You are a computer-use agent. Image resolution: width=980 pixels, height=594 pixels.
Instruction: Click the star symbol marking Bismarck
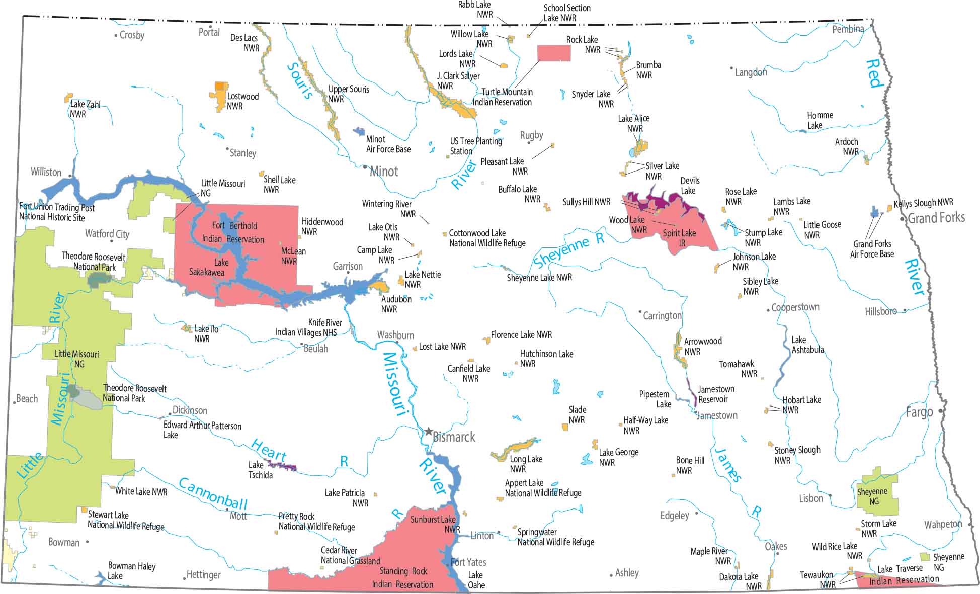point(428,432)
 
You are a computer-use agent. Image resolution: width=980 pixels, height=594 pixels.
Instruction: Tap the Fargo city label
point(919,412)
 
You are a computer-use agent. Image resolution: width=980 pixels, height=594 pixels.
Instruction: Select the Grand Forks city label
point(936,218)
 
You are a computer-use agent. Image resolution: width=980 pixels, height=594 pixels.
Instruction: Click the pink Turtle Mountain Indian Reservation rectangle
point(554,53)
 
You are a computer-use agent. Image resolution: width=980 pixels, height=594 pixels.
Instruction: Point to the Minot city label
point(384,172)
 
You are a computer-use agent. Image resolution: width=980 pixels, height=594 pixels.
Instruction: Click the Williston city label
point(46,172)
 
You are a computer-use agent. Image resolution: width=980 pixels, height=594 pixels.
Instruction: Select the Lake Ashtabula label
point(807,345)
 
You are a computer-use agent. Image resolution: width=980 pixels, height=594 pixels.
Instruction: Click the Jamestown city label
point(717,415)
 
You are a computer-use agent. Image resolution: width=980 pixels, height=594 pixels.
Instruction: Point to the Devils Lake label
point(690,186)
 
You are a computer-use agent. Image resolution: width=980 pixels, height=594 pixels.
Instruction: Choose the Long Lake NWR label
point(526,464)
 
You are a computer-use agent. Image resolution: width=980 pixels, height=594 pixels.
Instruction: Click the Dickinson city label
point(190,410)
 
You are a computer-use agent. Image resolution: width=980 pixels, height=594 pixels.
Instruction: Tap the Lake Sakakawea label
point(207,267)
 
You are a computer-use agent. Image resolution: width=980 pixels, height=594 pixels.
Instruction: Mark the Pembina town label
point(848,29)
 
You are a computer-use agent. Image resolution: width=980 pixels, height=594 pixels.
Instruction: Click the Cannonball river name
point(213,493)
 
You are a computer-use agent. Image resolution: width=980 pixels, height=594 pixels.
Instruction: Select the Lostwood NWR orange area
point(220,96)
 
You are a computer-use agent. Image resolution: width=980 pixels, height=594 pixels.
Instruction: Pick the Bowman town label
point(64,542)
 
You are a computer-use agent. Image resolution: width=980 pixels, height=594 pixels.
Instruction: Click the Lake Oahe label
point(476,580)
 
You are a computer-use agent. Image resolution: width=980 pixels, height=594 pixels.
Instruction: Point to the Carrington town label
point(662,315)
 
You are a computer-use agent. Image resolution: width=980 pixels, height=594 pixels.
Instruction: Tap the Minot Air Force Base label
point(388,144)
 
